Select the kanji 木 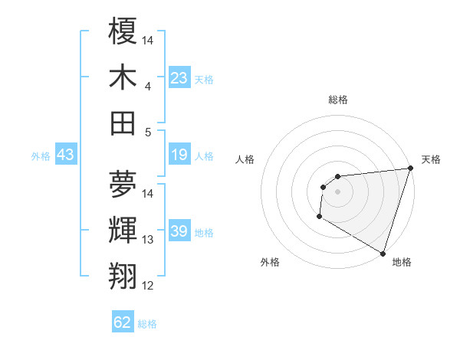123,77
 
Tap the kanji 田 123,123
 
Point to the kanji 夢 123,184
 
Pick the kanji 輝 123,230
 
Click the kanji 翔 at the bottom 123,275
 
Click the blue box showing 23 179,78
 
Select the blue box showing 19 179,155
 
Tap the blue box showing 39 179,232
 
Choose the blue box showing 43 65,155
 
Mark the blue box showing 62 123,322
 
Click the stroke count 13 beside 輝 148,240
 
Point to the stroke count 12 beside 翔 148,286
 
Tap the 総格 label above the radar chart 338,100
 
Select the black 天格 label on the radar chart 431,159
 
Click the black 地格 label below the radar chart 402,263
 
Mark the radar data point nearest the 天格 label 409,169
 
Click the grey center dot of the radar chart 337,191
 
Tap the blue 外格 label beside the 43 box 41,156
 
